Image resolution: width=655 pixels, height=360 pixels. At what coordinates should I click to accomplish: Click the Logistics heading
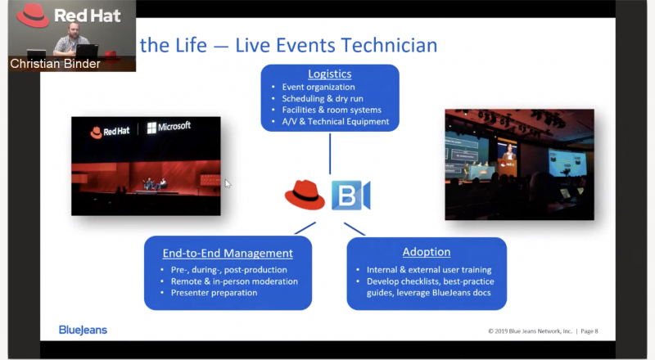(x=329, y=73)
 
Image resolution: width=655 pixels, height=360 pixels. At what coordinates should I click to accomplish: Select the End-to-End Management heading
(x=228, y=253)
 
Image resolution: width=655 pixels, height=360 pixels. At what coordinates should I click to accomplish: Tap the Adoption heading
(x=426, y=251)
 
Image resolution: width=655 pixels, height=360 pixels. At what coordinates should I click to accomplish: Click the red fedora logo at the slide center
(x=305, y=195)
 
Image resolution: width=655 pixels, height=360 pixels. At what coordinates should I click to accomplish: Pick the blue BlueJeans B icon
(x=350, y=196)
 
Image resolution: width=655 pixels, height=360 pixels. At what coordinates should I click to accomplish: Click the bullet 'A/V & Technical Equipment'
(x=336, y=121)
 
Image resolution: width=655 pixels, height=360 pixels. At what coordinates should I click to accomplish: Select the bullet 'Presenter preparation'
(x=214, y=292)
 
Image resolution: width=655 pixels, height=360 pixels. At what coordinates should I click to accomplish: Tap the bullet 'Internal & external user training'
(x=423, y=269)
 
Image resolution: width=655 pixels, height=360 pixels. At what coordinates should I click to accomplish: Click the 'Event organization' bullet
(x=318, y=87)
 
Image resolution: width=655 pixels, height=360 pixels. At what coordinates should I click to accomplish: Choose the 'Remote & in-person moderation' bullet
(x=233, y=281)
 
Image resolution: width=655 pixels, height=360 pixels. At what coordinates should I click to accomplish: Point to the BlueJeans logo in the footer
(x=83, y=330)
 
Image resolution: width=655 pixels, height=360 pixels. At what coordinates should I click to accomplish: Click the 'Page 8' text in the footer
(x=588, y=331)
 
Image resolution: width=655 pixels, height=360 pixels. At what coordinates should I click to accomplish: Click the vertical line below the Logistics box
(x=329, y=153)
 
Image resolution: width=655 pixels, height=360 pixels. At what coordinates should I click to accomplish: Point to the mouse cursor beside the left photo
(x=228, y=184)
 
